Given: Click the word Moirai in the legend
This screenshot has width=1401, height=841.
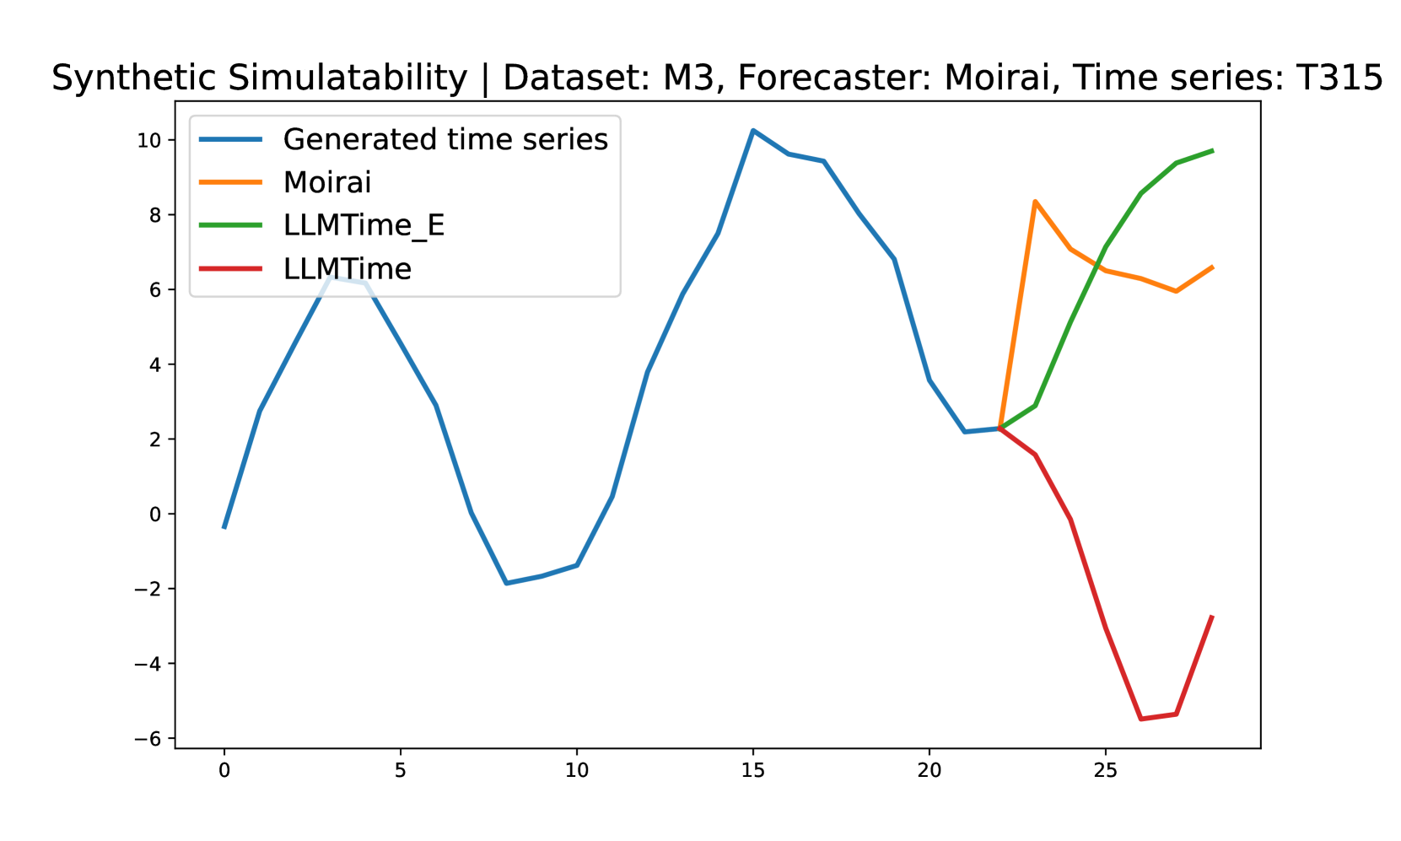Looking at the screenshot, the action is pyautogui.click(x=327, y=182).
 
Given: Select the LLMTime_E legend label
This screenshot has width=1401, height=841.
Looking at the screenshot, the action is pyautogui.click(x=364, y=225).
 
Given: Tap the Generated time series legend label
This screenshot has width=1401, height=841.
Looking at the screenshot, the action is pyautogui.click(x=445, y=139).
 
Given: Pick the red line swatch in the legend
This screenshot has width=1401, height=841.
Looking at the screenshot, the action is pyautogui.click(x=230, y=269).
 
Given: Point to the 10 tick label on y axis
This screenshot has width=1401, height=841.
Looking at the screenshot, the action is pyautogui.click(x=148, y=141).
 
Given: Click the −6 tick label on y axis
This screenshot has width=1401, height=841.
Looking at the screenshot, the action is pyautogui.click(x=147, y=739).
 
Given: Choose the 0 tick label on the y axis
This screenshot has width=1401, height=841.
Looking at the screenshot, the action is pyautogui.click(x=155, y=515).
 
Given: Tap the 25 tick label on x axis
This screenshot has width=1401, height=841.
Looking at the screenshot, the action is pyautogui.click(x=1105, y=770).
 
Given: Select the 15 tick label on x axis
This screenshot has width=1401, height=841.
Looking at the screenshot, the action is pyautogui.click(x=753, y=770).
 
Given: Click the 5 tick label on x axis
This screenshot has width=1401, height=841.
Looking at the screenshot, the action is pyautogui.click(x=401, y=770).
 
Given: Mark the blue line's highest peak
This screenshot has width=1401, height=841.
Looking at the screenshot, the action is pyautogui.click(x=753, y=130).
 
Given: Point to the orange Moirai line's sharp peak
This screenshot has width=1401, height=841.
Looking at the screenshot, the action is pyautogui.click(x=1035, y=202).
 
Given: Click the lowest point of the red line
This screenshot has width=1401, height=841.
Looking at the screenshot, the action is pyautogui.click(x=1141, y=719).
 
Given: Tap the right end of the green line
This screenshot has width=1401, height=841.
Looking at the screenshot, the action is pyautogui.click(x=1213, y=151).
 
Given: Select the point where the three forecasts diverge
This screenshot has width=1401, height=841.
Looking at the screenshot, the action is pyautogui.click(x=1000, y=429).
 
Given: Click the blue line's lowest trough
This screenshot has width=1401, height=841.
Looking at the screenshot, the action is pyautogui.click(x=506, y=583).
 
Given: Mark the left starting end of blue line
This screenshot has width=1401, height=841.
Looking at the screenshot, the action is pyautogui.click(x=224, y=528).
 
